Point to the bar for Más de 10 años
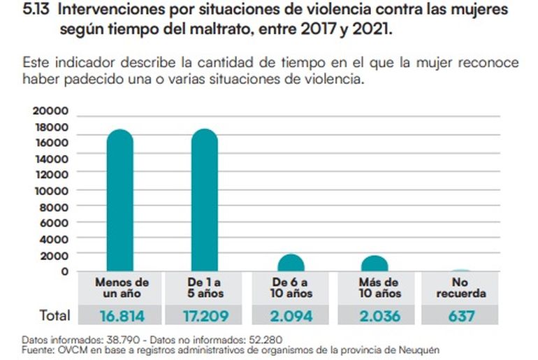[x=375, y=264]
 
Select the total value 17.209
[x=205, y=316]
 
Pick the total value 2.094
[x=291, y=316]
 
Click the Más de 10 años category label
[x=376, y=288]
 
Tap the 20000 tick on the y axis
[x=51, y=110]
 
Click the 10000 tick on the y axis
[x=51, y=190]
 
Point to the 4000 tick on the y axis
[x=54, y=238]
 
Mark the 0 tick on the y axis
[x=64, y=271]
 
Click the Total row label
[x=55, y=316]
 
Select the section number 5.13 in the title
[x=37, y=11]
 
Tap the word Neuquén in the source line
[x=421, y=349]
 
